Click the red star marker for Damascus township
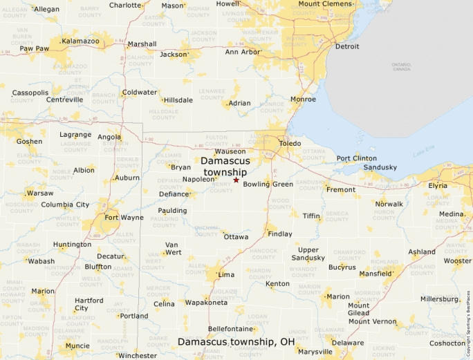(236, 180)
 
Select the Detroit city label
(346, 46)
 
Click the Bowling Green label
(268, 184)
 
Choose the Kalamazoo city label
(80, 41)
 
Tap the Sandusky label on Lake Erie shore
(380, 167)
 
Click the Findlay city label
(280, 234)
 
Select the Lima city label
(226, 274)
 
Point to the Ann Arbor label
(243, 52)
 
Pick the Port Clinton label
(357, 158)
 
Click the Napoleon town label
(199, 179)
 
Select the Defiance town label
(174, 194)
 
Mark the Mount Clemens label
(326, 3)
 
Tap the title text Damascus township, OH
(236, 342)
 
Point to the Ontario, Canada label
(401, 67)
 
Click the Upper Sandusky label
(308, 254)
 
